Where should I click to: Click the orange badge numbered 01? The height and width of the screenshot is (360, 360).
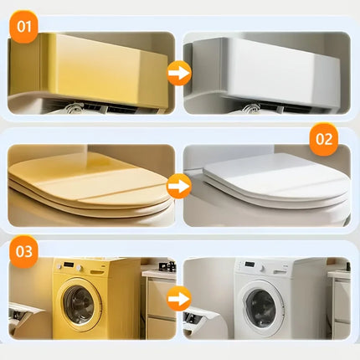click(x=23, y=27)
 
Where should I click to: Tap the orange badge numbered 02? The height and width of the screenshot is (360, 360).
click(x=324, y=139)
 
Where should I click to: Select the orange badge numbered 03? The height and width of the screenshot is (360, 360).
click(x=23, y=252)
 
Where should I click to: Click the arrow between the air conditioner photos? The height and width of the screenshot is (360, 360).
click(x=179, y=73)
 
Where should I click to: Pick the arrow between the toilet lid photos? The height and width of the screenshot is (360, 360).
click(x=179, y=186)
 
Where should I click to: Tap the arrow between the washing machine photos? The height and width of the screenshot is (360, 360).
click(x=179, y=299)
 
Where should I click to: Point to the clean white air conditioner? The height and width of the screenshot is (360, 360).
click(x=265, y=71)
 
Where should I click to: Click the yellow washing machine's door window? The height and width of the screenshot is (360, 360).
click(x=80, y=305)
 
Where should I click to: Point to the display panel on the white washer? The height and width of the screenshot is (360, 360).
click(x=250, y=264)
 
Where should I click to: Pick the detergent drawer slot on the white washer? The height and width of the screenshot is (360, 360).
click(x=280, y=271)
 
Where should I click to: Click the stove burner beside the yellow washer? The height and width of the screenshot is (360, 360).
click(x=167, y=266)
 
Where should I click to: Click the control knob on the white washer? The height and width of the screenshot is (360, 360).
click(x=262, y=270)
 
